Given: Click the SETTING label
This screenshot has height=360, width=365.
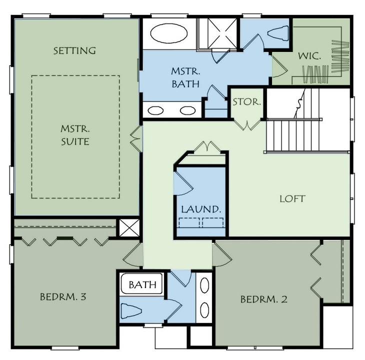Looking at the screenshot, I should click(x=74, y=50).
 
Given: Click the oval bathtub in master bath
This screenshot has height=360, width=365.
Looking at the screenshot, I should click(x=169, y=35).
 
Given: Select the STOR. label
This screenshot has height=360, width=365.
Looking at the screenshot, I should click(x=246, y=102).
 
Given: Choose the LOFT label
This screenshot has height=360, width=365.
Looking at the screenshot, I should click(x=292, y=198).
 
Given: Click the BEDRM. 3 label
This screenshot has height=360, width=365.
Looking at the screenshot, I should click(x=63, y=296).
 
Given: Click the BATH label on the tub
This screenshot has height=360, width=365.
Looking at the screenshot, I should click(x=142, y=285).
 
